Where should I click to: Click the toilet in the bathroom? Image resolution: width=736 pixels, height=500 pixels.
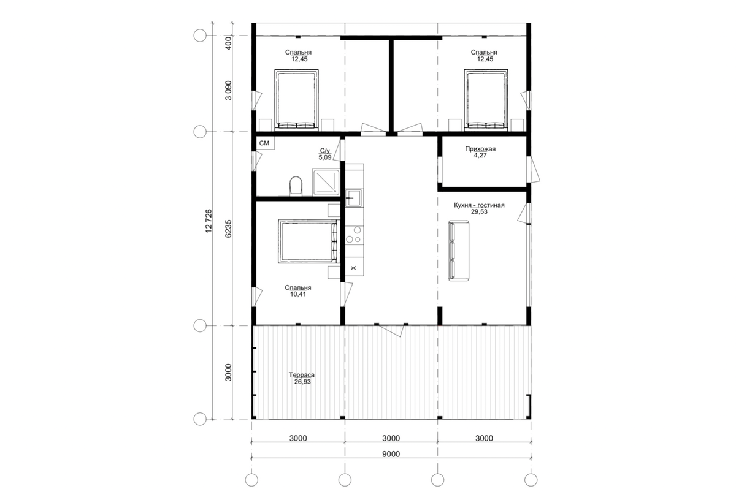(296, 186)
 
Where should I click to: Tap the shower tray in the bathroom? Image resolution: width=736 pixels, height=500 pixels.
(326, 182)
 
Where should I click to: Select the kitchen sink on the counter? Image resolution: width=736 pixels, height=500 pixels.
(354, 198)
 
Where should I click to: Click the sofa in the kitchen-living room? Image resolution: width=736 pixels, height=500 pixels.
(459, 251)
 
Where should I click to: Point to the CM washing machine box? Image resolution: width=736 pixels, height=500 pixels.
(265, 143)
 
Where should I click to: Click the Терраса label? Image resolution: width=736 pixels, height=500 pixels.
(302, 375)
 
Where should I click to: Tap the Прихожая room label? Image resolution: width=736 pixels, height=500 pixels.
(480, 149)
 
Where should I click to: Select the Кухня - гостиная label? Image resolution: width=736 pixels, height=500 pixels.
(479, 205)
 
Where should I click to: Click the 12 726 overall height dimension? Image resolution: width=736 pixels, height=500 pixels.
(209, 221)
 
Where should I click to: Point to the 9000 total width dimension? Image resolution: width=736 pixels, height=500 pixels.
(391, 454)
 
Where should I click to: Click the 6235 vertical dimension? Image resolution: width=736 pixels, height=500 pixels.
(229, 229)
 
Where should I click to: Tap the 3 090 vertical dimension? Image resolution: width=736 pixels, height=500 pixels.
(228, 90)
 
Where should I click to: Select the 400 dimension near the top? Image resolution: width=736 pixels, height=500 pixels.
(229, 43)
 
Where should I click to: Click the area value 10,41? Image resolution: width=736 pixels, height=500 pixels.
(297, 294)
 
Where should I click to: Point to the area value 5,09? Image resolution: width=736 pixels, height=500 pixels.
(324, 157)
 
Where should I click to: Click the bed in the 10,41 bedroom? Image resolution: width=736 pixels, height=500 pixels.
(308, 241)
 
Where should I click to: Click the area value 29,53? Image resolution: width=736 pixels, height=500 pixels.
(479, 212)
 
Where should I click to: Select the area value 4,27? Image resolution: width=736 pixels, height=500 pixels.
(480, 155)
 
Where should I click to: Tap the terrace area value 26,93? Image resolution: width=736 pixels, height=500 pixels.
(302, 382)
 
